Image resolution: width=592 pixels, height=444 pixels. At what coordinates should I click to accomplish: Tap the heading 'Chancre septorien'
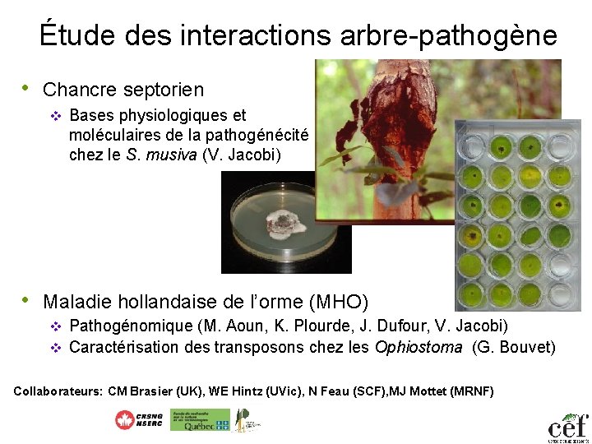click(x=123, y=89)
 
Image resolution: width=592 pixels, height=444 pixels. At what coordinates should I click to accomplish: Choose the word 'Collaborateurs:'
click(x=58, y=391)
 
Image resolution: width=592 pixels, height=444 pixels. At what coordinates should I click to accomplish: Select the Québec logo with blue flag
click(x=200, y=420)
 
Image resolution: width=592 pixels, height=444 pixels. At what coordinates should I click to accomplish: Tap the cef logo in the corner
click(x=568, y=427)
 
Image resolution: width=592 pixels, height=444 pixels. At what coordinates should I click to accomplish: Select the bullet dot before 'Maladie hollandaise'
click(x=27, y=300)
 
